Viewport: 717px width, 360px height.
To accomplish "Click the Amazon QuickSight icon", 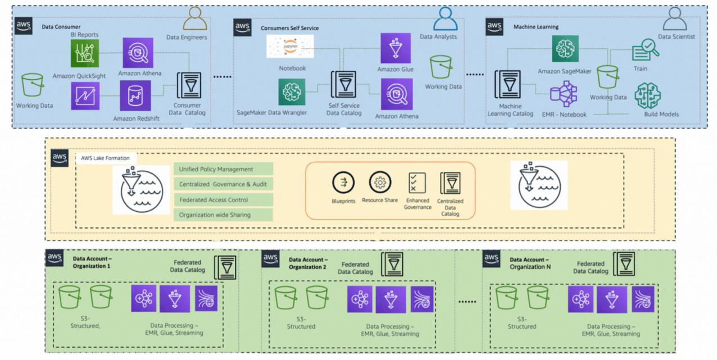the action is click(x=85, y=53).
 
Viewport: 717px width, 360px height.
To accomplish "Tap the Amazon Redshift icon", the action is click(x=135, y=95).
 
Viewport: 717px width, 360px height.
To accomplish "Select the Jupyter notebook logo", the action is click(x=290, y=47).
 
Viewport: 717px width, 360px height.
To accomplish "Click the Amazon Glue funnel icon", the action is click(x=396, y=48).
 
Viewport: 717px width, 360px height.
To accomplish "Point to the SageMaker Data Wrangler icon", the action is click(x=292, y=92).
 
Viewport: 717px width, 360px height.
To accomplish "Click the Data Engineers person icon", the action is click(x=195, y=19).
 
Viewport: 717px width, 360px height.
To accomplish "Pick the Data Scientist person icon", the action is click(x=675, y=19).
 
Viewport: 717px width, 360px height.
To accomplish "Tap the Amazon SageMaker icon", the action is click(x=565, y=49).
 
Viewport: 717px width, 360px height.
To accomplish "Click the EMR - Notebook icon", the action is click(x=564, y=94).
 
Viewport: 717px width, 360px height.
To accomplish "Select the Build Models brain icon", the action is click(x=648, y=95).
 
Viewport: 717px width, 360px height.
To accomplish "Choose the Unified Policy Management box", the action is click(x=224, y=169).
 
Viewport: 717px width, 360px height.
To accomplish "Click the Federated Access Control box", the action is click(x=224, y=200).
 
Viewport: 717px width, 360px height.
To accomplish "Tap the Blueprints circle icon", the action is click(x=343, y=183).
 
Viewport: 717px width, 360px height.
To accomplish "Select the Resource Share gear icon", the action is click(x=380, y=183).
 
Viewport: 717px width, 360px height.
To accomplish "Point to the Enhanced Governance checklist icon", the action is click(x=417, y=183).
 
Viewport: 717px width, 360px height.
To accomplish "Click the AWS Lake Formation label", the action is click(x=105, y=158).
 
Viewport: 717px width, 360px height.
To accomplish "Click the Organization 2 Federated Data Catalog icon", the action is click(x=392, y=265).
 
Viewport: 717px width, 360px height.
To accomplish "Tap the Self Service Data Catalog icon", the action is click(x=343, y=84).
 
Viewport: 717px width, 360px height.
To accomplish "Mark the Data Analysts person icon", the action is click(x=445, y=19).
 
